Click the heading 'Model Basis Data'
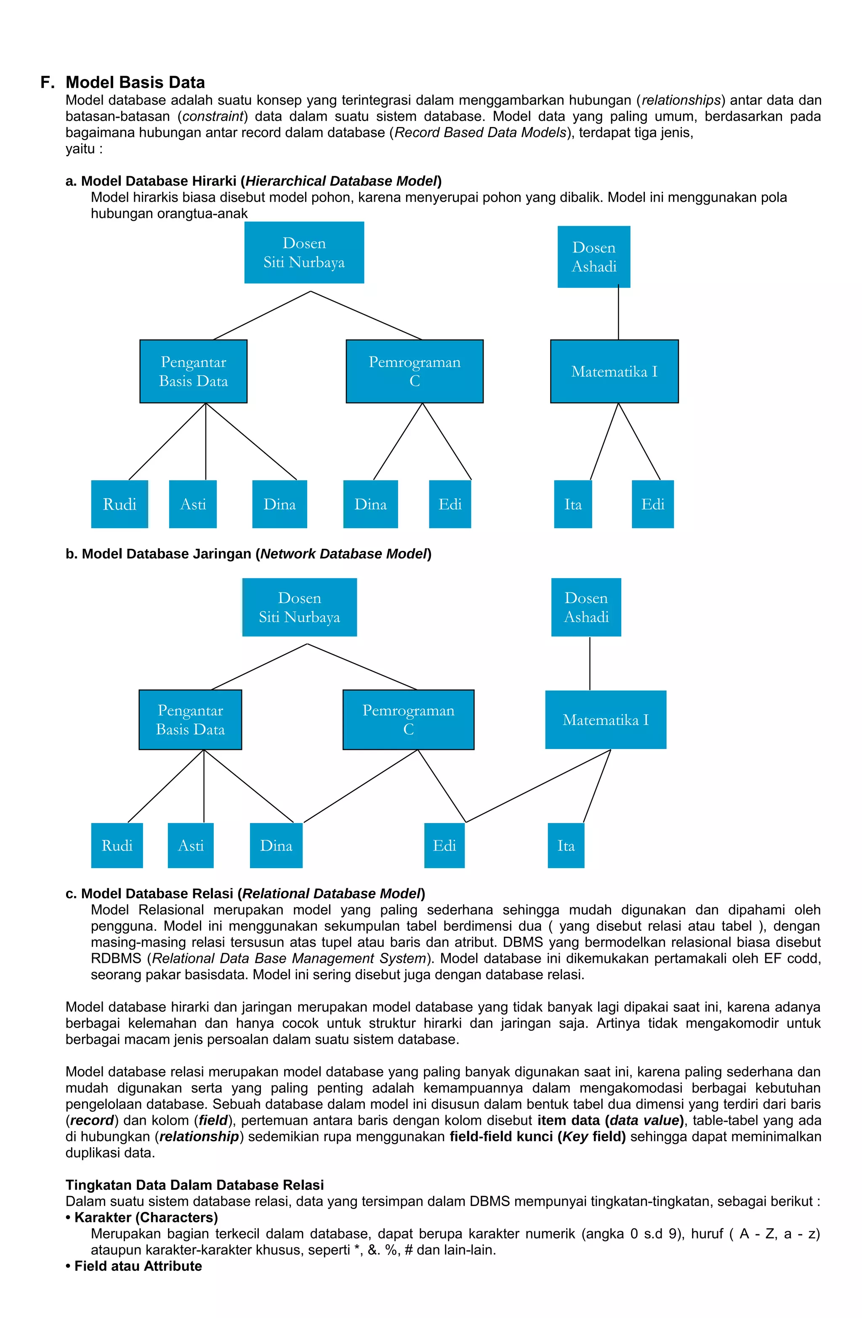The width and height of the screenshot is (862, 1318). (x=135, y=82)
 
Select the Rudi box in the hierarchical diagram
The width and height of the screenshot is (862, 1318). (x=119, y=504)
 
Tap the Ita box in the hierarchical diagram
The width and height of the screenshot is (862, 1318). (x=573, y=504)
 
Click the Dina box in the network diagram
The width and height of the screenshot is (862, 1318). (x=276, y=845)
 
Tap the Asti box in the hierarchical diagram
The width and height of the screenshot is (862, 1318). (x=192, y=504)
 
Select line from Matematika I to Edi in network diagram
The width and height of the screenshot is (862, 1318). (x=537, y=787)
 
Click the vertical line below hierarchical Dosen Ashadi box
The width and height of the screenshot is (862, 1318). (x=618, y=314)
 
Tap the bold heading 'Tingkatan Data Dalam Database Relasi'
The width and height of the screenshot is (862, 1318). (x=194, y=1185)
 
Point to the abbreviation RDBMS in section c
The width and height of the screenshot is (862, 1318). (x=116, y=958)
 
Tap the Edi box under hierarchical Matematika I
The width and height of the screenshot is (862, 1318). (x=652, y=504)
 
